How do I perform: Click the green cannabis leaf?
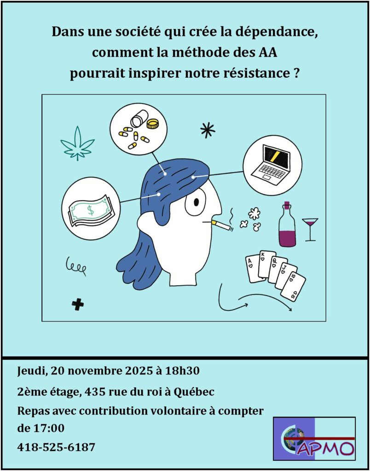tap(78, 144)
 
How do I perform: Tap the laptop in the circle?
tap(272, 162)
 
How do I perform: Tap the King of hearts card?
tap(266, 264)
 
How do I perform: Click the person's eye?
tap(196, 202)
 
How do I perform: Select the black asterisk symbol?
tap(208, 131)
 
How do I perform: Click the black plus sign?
tap(78, 305)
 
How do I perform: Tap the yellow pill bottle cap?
tap(152, 123)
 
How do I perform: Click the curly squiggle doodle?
tap(76, 265)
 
